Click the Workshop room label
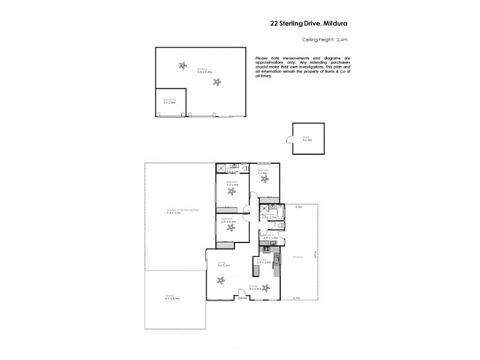point(169,100)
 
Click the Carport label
point(173,296)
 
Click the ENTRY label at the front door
point(242,298)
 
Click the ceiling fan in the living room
point(221,279)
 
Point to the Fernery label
point(298,257)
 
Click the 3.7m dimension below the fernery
point(296,298)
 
